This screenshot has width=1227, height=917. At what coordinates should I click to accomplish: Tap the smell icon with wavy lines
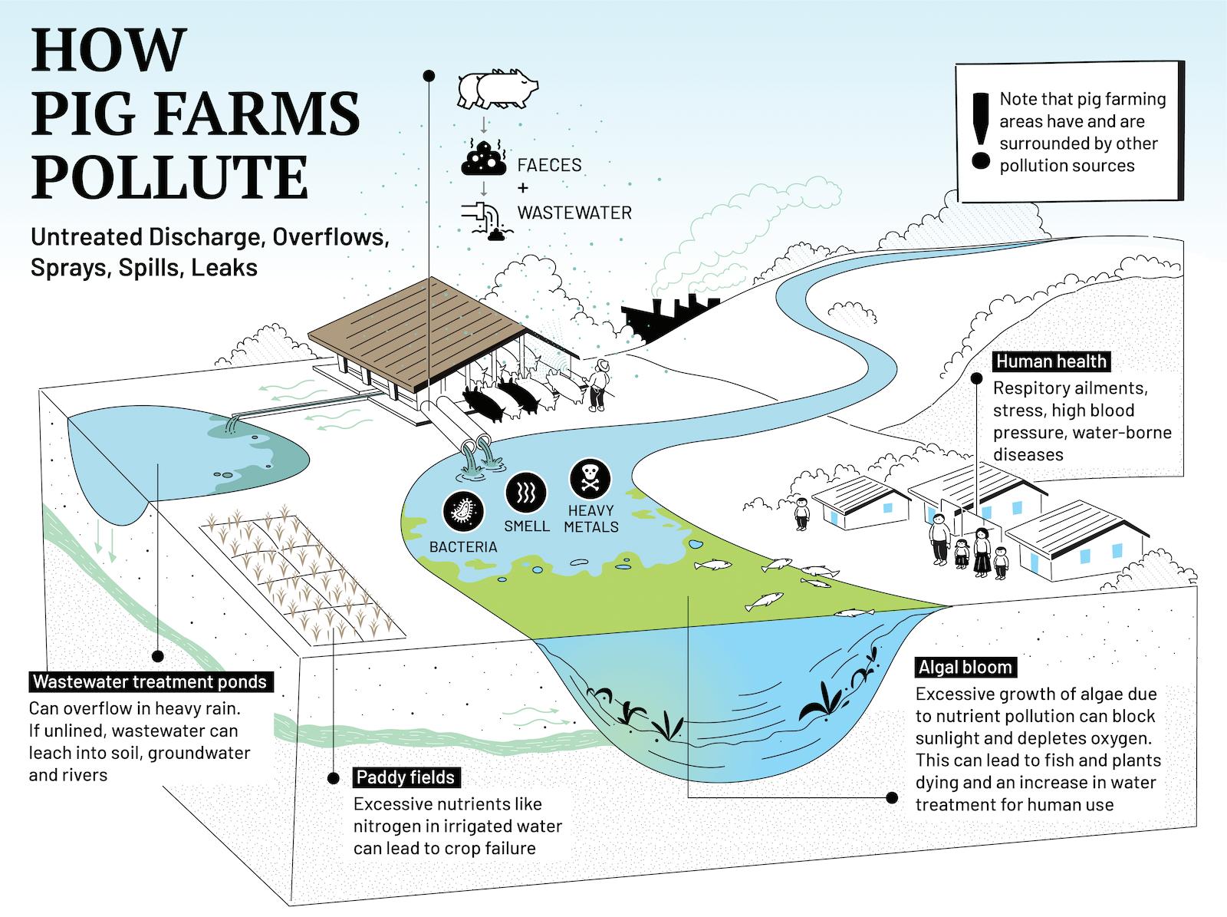pyautogui.click(x=526, y=491)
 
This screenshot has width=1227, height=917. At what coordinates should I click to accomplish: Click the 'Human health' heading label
pyautogui.click(x=1051, y=361)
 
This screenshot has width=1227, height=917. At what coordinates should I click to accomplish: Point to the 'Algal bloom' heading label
pyautogui.click(x=965, y=667)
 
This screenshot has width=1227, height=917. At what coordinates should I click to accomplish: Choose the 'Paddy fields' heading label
pyautogui.click(x=405, y=777)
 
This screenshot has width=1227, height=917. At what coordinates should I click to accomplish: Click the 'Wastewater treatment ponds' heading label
pyautogui.click(x=150, y=681)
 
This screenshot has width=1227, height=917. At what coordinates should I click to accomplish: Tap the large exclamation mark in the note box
pyautogui.click(x=979, y=130)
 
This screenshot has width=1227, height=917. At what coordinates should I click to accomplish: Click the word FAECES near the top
pyautogui.click(x=549, y=165)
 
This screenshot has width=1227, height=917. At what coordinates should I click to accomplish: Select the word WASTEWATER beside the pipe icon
pyautogui.click(x=574, y=213)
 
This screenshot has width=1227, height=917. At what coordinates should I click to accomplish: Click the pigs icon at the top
pyautogui.click(x=496, y=90)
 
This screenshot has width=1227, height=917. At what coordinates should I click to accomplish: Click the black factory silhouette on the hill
pyautogui.click(x=661, y=315)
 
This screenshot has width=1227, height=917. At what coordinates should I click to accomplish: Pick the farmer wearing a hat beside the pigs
pyautogui.click(x=601, y=386)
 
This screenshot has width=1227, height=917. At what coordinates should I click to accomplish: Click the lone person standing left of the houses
pyautogui.click(x=801, y=513)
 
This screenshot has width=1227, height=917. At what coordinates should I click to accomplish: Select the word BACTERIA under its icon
pyautogui.click(x=462, y=546)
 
